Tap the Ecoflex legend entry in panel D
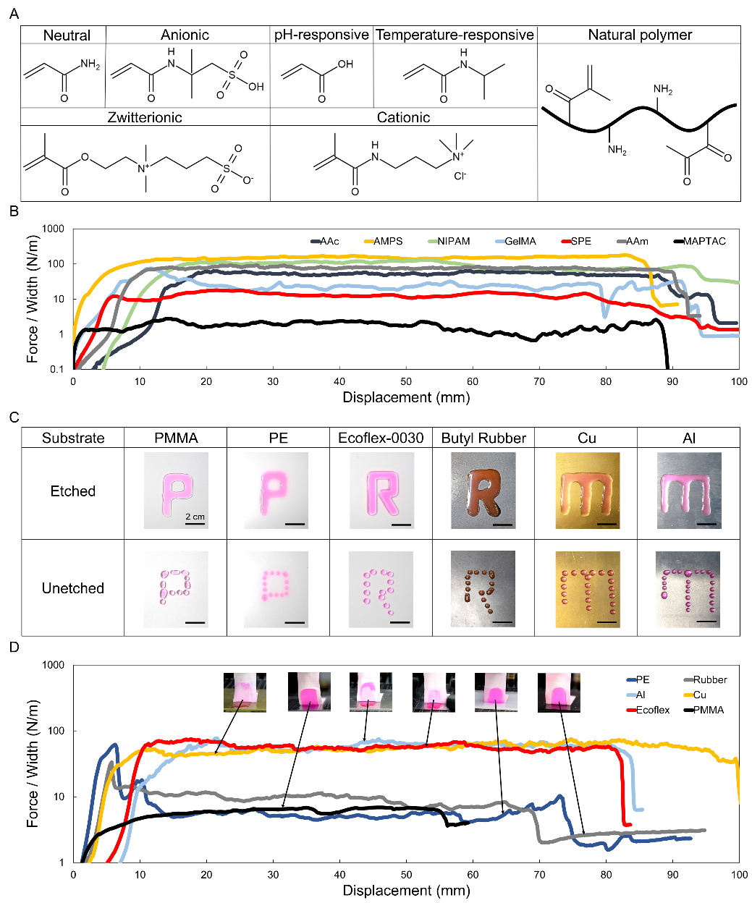[652, 710]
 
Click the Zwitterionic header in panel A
[145, 117]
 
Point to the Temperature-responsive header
[455, 35]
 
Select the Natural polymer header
[640, 35]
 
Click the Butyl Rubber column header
[483, 438]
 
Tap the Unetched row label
[73, 588]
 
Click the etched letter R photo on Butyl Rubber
[483, 491]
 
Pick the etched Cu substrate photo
[587, 491]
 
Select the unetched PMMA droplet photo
[176, 588]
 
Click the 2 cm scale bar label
[195, 517]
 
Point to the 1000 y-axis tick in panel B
[54, 229]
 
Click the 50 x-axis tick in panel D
[406, 875]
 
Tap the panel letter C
[14, 417]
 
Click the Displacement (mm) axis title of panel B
[406, 397]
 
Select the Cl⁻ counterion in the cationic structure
[460, 176]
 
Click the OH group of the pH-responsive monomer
[345, 64]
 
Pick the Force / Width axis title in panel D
[32, 763]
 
